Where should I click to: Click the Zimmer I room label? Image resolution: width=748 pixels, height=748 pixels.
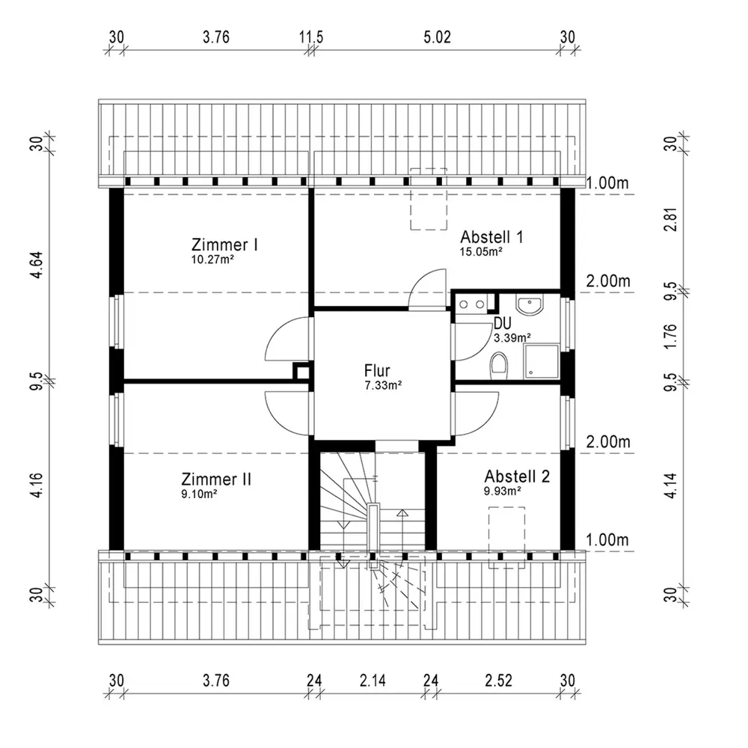tap(225, 245)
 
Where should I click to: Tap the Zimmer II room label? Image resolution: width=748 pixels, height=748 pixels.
tap(216, 478)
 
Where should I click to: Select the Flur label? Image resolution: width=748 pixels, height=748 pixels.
tap(378, 370)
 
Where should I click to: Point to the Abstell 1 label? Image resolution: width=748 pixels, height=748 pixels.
tap(491, 236)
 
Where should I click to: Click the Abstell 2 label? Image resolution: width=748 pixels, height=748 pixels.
tap(517, 476)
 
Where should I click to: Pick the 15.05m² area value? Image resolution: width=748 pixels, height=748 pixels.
tap(480, 252)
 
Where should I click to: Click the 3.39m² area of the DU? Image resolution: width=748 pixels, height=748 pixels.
tap(512, 337)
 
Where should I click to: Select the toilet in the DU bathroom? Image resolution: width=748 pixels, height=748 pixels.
tap(499, 366)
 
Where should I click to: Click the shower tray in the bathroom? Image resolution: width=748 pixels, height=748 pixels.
tap(542, 361)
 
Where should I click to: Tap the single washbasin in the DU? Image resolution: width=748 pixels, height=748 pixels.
tap(529, 305)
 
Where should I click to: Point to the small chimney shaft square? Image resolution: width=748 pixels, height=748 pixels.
tap(301, 373)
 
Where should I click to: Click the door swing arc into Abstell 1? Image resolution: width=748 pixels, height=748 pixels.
tap(427, 289)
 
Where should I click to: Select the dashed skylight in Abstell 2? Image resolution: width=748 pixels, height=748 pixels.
tap(506, 536)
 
